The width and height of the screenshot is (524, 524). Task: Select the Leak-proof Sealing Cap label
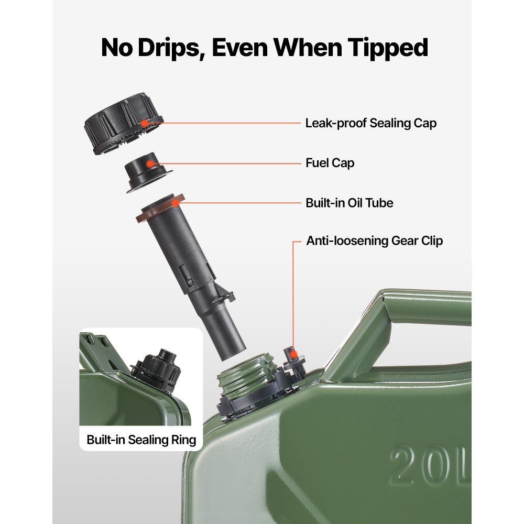pos(371,123)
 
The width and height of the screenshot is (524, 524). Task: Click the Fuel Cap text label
pos(330,163)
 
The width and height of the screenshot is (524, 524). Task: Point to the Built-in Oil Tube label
pos(349,203)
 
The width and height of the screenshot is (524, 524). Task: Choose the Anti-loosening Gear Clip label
pos(375,241)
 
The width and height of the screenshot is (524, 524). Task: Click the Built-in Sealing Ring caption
pos(141,440)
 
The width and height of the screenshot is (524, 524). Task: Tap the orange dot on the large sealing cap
pos(145,123)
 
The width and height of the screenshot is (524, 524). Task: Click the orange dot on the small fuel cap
pos(150,163)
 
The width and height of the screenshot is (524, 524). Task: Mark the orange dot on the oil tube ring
pos(175,203)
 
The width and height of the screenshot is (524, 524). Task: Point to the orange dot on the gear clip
pos(293,354)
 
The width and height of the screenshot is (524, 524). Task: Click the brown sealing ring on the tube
pos(160,208)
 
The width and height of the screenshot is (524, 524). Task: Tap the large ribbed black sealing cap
pos(123,124)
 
